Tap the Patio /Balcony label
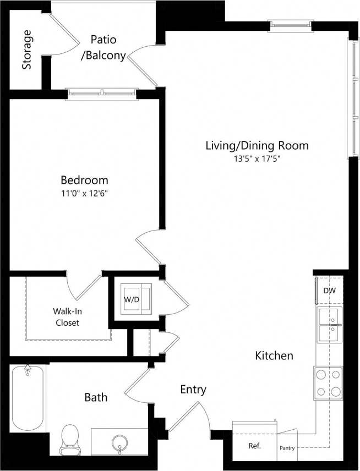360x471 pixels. pos(103,47)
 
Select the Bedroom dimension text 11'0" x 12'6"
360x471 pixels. pos(84,193)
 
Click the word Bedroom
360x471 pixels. pos(84,180)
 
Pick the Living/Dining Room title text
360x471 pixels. pos(257,146)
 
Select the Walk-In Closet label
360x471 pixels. pos(67,316)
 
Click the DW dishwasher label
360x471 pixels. pos(329,291)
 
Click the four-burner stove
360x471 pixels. pos(329,384)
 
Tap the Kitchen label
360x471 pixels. pos(274,356)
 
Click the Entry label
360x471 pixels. pos(193,390)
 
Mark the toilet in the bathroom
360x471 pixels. pos(69,440)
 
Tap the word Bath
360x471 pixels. pos(96,397)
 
